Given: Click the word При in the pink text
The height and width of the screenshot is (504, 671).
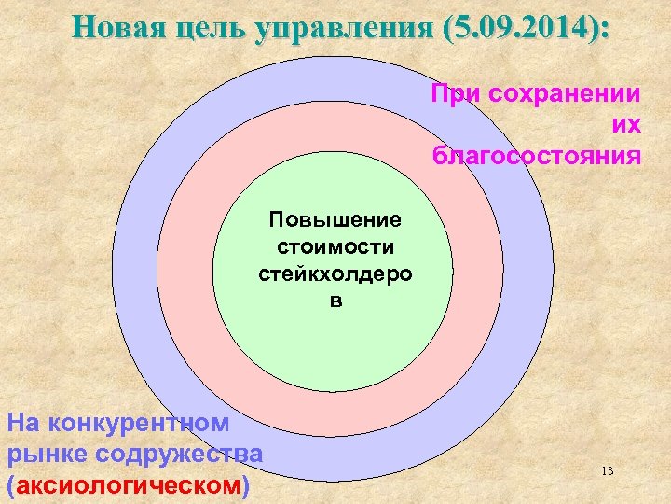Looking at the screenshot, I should [452, 95].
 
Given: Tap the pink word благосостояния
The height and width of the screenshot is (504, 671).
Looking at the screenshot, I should [537, 155].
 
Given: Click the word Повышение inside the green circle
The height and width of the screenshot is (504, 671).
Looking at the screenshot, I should [335, 220].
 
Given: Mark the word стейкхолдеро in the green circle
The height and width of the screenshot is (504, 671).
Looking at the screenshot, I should [335, 273].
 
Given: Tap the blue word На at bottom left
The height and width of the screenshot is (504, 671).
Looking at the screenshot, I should [23, 422].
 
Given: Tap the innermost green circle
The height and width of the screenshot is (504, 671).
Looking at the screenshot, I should [333, 345].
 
